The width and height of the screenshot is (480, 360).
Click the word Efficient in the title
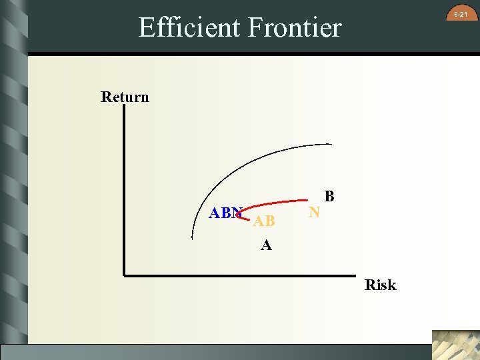[x=189, y=28]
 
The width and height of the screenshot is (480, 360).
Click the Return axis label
[x=125, y=97]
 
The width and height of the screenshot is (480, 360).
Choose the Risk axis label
[x=380, y=285]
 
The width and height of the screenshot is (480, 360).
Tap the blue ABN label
[x=225, y=213]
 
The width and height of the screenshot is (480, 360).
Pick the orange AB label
[x=263, y=221]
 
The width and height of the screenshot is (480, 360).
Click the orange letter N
[x=315, y=213]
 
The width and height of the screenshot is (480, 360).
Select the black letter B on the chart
[x=329, y=197]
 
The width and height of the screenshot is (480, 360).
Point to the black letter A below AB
[x=266, y=245]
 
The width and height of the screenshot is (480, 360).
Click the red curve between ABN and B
[x=280, y=202]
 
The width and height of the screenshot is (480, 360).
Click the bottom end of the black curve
[x=193, y=237]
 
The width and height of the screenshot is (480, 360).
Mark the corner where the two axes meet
[x=124, y=273]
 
